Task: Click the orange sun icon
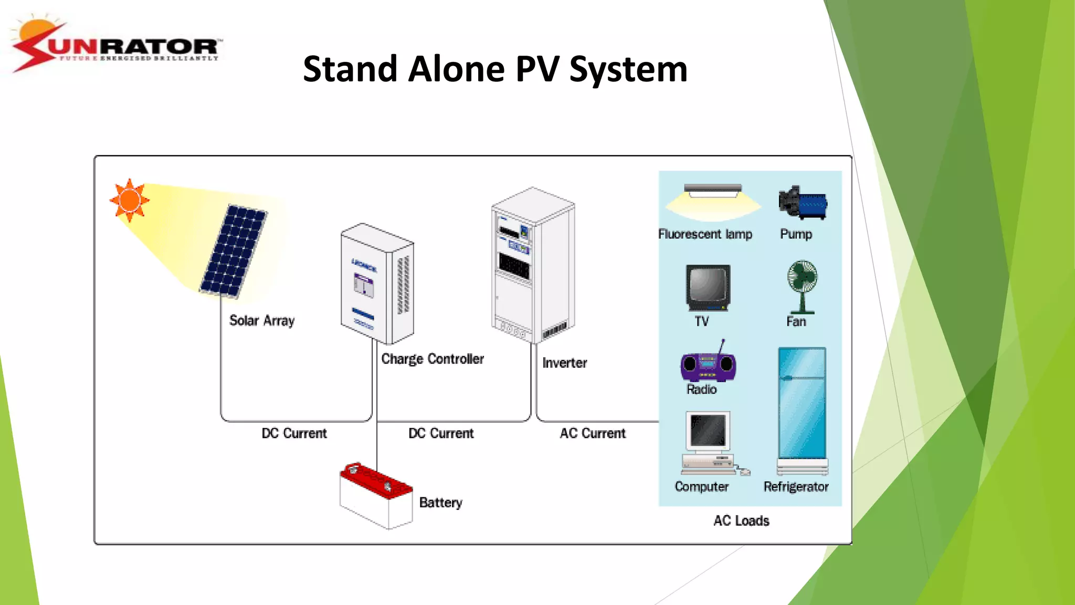[129, 200]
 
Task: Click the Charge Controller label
[432, 359]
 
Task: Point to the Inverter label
[564, 363]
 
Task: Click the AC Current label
[593, 433]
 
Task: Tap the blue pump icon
[803, 203]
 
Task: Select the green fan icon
[802, 286]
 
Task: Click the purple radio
[708, 365]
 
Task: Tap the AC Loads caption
[741, 521]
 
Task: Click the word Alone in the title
[456, 69]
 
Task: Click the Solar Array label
[261, 321]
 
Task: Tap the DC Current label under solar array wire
[294, 433]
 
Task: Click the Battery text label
[440, 503]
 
